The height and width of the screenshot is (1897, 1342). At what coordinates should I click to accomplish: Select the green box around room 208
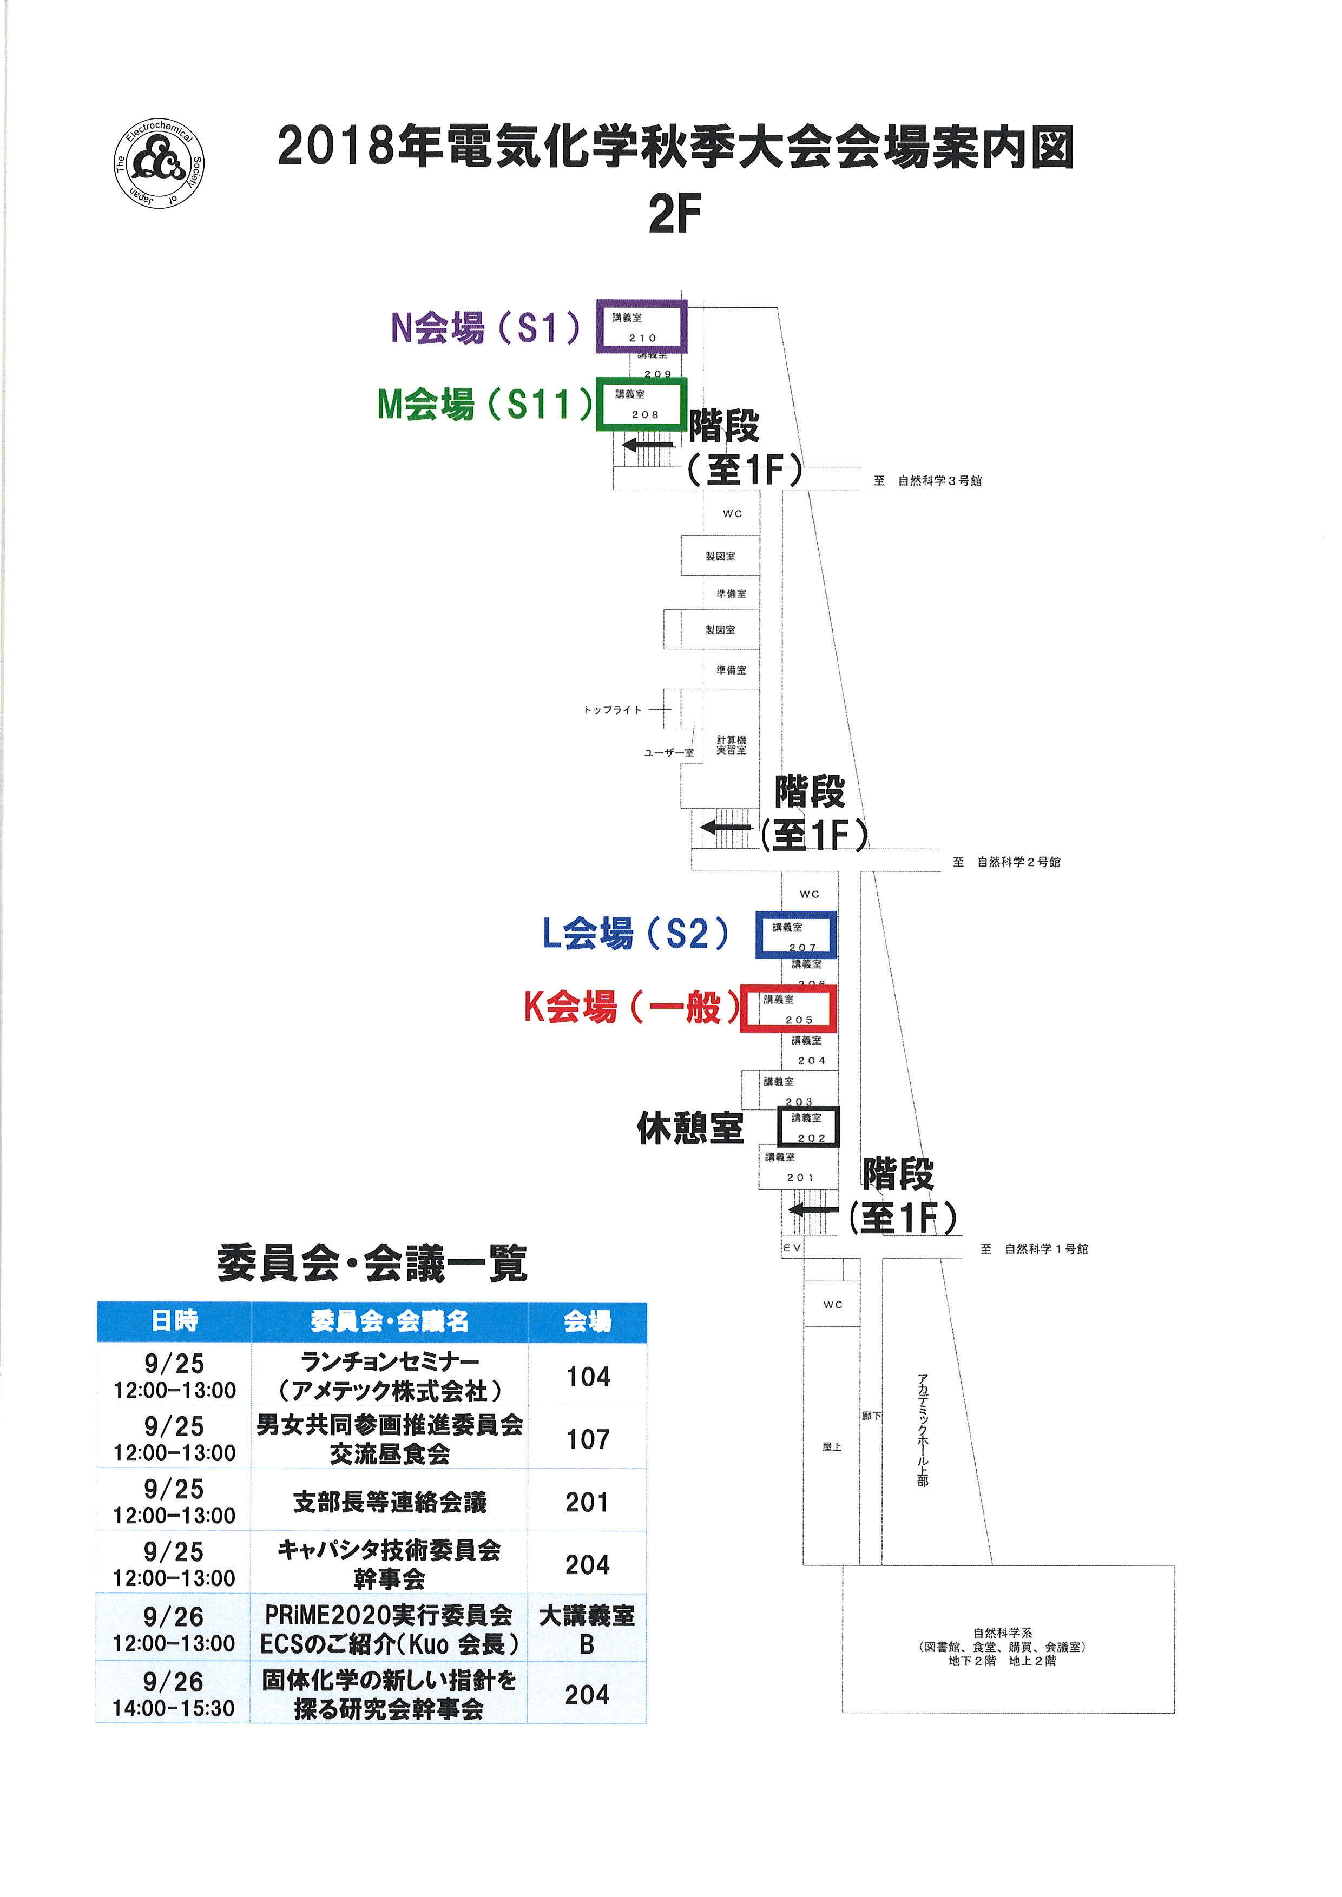click(641, 404)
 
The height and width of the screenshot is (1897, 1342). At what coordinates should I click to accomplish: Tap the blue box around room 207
click(796, 935)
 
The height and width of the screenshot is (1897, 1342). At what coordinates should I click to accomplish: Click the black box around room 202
click(808, 1127)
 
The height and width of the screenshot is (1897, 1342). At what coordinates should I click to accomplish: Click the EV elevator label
click(792, 1247)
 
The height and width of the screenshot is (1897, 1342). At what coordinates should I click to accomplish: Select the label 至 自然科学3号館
click(927, 481)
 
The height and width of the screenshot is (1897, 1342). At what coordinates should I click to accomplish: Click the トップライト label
click(611, 710)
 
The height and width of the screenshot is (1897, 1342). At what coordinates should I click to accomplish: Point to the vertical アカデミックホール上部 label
click(923, 1429)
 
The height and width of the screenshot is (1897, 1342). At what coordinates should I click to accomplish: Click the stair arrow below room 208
click(647, 445)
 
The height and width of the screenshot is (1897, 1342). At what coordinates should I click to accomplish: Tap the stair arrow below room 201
click(813, 1211)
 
